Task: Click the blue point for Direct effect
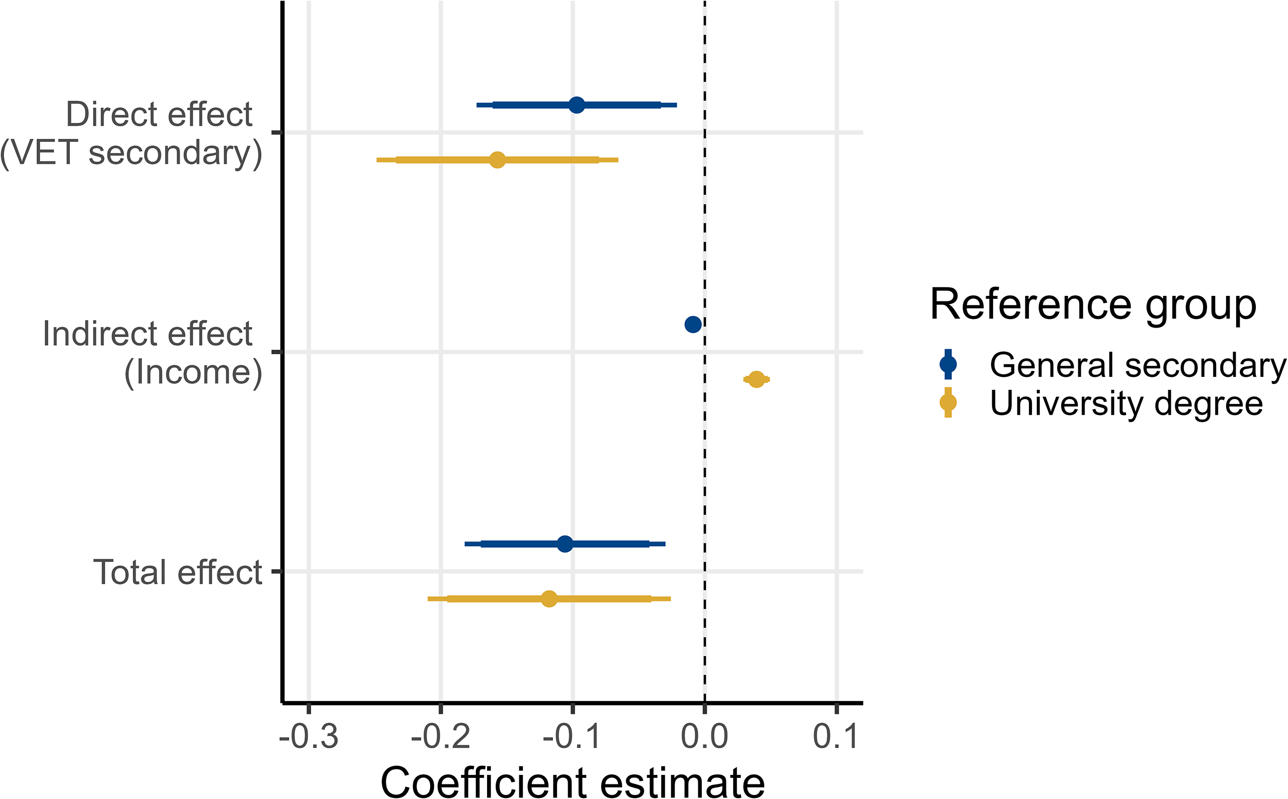(x=577, y=105)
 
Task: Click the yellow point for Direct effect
(x=497, y=159)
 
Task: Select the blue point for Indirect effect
(x=693, y=324)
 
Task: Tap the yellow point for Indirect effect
(x=757, y=379)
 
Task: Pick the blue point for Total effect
(x=565, y=544)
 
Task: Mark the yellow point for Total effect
(x=549, y=599)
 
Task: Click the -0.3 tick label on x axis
(x=308, y=736)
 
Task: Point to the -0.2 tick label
(x=441, y=736)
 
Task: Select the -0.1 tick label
(x=572, y=736)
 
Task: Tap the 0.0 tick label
(x=704, y=736)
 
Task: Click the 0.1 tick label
(x=836, y=736)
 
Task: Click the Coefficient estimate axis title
(x=572, y=781)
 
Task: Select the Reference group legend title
(x=1092, y=305)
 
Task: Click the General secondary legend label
(x=1138, y=365)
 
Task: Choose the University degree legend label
(x=1126, y=403)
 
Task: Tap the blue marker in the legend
(x=948, y=364)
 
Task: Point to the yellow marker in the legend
(x=948, y=403)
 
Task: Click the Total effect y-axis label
(x=178, y=572)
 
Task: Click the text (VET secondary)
(x=131, y=153)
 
